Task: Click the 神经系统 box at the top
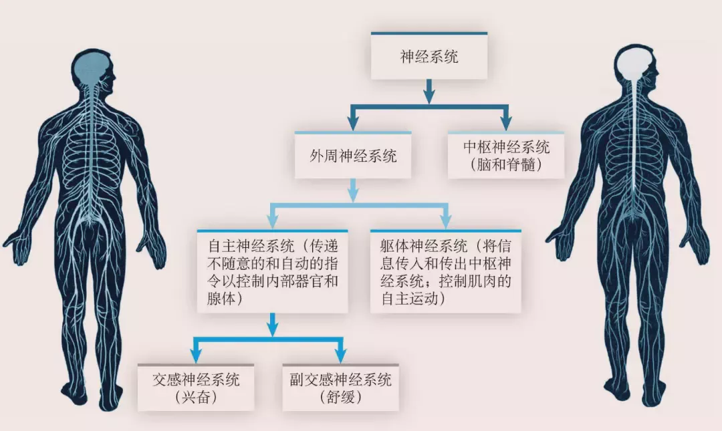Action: [x=429, y=56]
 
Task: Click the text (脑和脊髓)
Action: [x=505, y=164]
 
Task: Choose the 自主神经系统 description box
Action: [x=272, y=271]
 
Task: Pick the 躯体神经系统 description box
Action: [x=446, y=271]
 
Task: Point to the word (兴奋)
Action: [x=196, y=398]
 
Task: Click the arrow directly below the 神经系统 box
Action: [x=429, y=90]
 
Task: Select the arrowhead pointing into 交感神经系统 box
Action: [x=196, y=356]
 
